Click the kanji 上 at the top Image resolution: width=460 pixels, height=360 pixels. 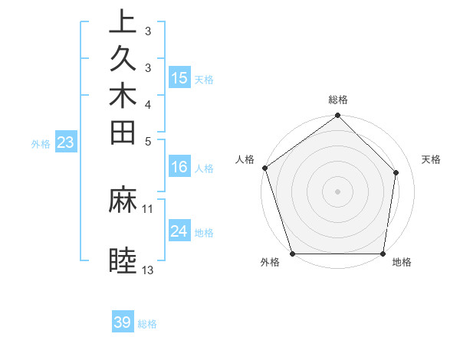point(123,22)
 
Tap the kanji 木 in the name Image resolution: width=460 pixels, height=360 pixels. point(123,96)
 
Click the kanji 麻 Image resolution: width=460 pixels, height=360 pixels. point(123,201)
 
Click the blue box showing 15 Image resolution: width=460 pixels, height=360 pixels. point(179,78)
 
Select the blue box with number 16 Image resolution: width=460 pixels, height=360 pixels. point(179,166)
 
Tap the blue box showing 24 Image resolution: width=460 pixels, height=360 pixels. point(179,231)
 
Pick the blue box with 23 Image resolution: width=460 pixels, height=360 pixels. point(66,142)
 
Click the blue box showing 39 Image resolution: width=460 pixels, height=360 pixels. point(123,322)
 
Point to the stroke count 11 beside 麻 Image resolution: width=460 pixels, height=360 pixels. point(147,208)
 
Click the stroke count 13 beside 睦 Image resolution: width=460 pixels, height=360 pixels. point(147,270)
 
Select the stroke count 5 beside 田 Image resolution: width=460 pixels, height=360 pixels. point(147,141)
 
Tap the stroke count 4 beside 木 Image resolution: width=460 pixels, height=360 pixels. point(147,104)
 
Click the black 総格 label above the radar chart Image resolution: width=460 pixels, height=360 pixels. point(338,100)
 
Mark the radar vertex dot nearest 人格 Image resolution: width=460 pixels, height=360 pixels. point(264,168)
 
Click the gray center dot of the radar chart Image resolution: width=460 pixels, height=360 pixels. point(338,191)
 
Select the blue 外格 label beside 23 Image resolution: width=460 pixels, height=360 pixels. point(41,143)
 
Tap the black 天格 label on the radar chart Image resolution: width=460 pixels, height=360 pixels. point(431,159)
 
